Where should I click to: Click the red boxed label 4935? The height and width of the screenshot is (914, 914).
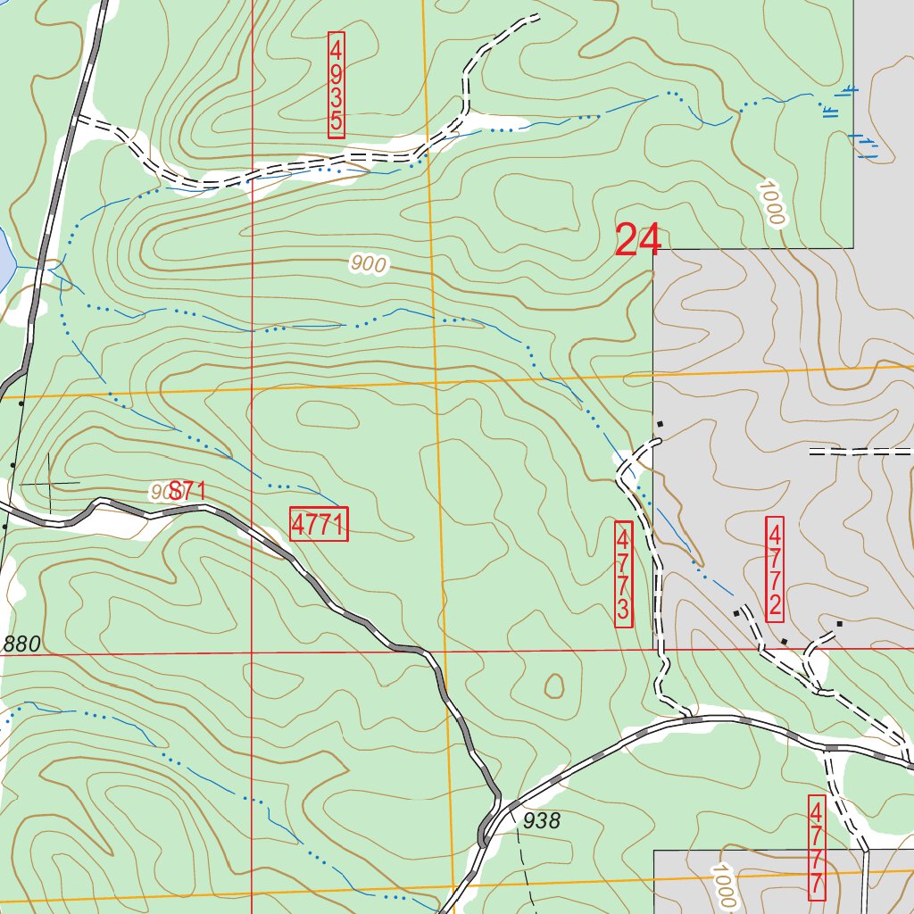[336, 86]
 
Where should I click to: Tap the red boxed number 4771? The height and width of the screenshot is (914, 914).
[319, 524]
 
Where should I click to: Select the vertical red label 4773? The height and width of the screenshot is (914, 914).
[624, 574]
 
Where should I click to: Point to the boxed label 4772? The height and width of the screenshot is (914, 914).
[774, 569]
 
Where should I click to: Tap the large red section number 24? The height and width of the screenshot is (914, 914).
[638, 241]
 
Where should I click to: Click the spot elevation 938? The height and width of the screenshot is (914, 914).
[542, 821]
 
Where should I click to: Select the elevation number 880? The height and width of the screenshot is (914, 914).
[22, 644]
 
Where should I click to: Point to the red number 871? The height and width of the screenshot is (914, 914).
[188, 490]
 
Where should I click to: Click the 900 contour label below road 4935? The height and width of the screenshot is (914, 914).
[368, 264]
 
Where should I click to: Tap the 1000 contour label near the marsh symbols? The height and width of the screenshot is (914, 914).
[770, 204]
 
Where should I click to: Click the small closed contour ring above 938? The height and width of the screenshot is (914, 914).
[554, 685]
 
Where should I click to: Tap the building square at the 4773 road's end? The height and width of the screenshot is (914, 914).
[661, 423]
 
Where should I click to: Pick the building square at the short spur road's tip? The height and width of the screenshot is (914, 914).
[839, 624]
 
